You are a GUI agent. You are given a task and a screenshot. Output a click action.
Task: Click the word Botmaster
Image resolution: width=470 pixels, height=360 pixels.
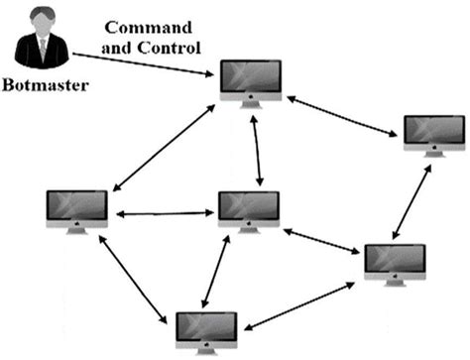(x=45, y=86)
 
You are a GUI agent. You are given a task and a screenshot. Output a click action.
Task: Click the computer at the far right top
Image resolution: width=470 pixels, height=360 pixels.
(x=431, y=133)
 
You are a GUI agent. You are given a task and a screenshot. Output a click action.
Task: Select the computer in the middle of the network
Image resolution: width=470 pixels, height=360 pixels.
(x=249, y=209)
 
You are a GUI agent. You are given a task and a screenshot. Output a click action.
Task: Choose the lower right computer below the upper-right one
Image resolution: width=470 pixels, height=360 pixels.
(x=394, y=260)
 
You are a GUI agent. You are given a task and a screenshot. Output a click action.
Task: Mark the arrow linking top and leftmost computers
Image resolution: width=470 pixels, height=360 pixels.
(x=165, y=148)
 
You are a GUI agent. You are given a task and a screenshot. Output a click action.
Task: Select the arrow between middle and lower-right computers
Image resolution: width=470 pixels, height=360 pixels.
(x=322, y=241)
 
